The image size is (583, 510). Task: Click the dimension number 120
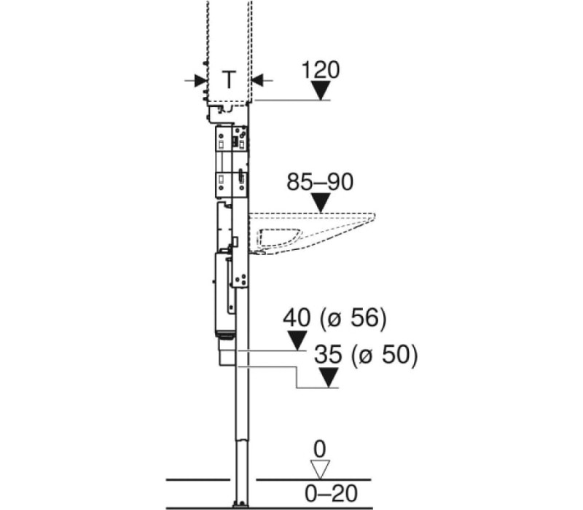[321, 70]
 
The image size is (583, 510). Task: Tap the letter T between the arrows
[229, 79]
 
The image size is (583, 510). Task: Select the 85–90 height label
[320, 182]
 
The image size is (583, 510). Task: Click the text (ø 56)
[353, 318]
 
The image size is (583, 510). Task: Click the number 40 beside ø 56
[297, 318]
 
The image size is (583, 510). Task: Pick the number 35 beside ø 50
[328, 354]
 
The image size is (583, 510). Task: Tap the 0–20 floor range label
[331, 494]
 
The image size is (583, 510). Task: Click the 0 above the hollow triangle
[320, 450]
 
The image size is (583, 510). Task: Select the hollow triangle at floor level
[320, 469]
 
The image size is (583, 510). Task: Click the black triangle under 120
[321, 90]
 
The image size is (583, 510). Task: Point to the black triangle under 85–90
[321, 203]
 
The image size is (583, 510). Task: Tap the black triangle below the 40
[297, 340]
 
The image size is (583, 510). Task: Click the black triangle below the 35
[329, 377]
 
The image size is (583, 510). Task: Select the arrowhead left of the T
[200, 80]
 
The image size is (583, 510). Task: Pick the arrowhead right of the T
[258, 80]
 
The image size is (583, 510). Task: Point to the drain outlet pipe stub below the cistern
[227, 352]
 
